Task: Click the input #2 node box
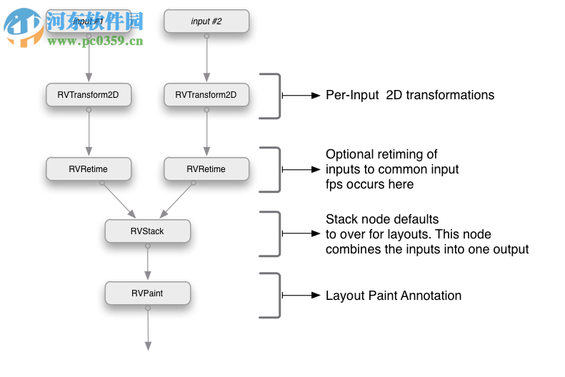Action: click(x=206, y=21)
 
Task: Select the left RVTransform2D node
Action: click(x=89, y=95)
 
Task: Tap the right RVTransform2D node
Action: click(x=206, y=95)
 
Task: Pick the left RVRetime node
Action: click(x=89, y=169)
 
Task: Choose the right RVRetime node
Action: click(x=206, y=169)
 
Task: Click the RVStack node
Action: click(x=148, y=231)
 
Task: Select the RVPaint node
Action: click(x=148, y=293)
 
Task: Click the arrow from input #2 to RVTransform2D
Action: click(x=206, y=57)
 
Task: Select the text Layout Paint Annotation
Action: click(x=394, y=296)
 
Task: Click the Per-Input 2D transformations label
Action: click(x=409, y=95)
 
